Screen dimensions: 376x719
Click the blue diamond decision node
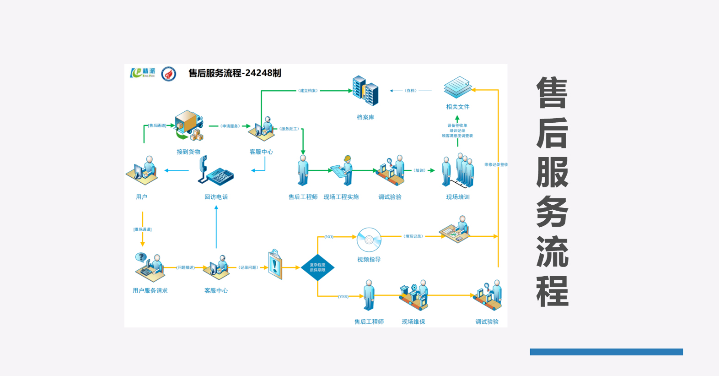point(317,267)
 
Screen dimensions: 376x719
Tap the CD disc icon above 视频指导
point(369,240)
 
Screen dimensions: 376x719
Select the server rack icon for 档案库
point(365,91)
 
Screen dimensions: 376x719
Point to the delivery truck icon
point(189,125)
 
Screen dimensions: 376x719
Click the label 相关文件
point(457,107)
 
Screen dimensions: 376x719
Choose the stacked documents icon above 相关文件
point(457,87)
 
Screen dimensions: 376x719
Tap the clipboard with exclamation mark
point(274,264)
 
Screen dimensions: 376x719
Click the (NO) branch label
point(329,237)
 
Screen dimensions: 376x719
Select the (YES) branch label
point(343,297)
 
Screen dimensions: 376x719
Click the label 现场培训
point(458,197)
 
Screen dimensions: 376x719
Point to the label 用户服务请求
point(150,290)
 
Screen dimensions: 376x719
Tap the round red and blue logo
point(169,74)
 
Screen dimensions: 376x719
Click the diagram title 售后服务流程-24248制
point(235,73)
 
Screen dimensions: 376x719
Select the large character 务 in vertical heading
point(553,212)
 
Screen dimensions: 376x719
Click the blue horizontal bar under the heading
point(606,352)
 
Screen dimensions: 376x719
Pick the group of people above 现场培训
point(458,170)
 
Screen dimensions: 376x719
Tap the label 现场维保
point(413,322)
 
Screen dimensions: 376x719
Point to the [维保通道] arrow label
point(142,229)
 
